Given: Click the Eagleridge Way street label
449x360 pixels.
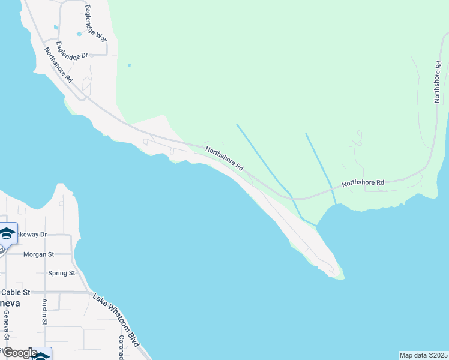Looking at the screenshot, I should click(95, 23).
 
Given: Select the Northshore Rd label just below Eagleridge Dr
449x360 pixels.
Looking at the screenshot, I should click(59, 65).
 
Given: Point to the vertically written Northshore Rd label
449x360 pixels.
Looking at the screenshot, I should click(438, 82).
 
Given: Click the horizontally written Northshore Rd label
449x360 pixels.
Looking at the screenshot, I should click(363, 182).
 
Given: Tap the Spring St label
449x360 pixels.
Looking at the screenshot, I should click(62, 273).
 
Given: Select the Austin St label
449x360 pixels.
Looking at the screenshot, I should click(45, 312).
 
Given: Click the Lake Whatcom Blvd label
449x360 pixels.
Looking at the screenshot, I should click(116, 320).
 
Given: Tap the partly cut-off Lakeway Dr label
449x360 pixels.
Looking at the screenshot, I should click(31, 234).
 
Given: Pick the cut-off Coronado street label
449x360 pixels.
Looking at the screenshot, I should click(121, 347).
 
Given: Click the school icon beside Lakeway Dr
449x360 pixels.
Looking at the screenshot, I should click(7, 233).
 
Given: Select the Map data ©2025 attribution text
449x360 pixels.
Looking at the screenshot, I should click(423, 355).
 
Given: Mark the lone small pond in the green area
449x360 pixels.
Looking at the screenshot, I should click(129, 65).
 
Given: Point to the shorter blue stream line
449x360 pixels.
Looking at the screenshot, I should click(320, 165).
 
